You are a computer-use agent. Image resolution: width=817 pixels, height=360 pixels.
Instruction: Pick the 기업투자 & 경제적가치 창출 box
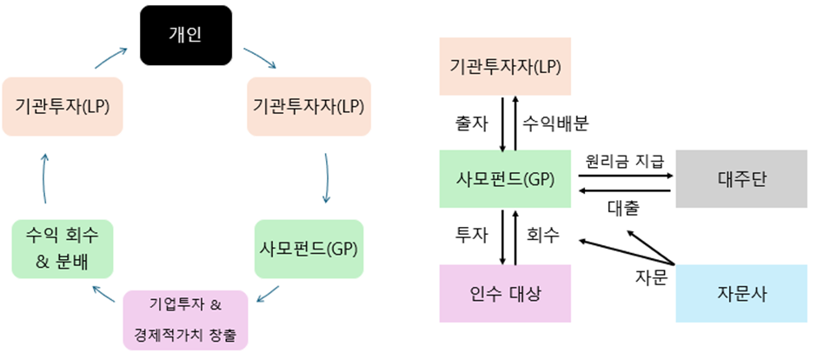[x=186, y=318]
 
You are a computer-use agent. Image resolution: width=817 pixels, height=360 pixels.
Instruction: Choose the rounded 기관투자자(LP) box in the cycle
[x=309, y=106]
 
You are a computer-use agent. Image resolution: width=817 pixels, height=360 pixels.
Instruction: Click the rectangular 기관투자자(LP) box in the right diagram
[x=505, y=66]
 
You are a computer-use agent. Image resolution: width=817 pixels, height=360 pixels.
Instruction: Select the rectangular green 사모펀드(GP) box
[x=505, y=178]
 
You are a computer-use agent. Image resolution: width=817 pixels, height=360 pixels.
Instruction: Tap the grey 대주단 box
[x=741, y=178]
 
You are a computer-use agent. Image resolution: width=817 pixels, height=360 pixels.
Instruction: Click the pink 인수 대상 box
[x=505, y=293]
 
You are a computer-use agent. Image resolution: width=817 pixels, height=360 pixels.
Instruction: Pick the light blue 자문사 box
[x=741, y=293]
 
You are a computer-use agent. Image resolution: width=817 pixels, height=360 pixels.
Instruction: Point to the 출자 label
[x=471, y=123]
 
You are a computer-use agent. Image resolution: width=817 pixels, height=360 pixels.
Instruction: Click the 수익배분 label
[x=555, y=123]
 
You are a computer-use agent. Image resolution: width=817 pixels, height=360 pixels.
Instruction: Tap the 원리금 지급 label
[x=625, y=161]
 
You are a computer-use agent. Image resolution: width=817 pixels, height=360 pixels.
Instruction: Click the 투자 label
[x=471, y=235]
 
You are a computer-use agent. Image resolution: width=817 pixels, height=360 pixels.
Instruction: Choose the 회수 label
[x=543, y=235]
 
